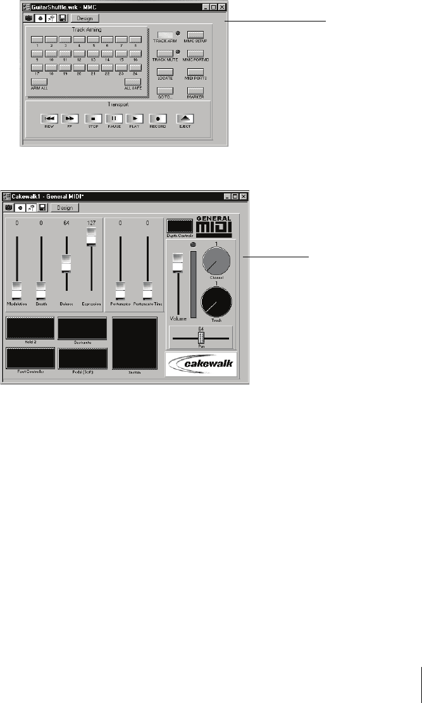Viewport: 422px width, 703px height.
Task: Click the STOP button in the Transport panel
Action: [93, 118]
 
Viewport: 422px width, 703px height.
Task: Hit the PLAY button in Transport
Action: [134, 118]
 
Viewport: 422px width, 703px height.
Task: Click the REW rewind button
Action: [49, 118]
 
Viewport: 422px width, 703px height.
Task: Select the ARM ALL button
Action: [39, 81]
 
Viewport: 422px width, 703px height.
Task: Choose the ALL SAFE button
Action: [133, 81]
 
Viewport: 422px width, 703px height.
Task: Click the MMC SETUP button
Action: [195, 35]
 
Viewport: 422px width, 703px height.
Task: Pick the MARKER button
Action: [195, 90]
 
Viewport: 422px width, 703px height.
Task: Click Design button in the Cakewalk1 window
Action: [64, 207]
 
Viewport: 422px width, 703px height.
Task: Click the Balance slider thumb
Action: [66, 262]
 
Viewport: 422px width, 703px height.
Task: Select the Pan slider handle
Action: [201, 338]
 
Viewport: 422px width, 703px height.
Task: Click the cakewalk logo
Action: [201, 365]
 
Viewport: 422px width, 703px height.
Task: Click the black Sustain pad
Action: [135, 343]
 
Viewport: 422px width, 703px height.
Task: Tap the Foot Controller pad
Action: [30, 358]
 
